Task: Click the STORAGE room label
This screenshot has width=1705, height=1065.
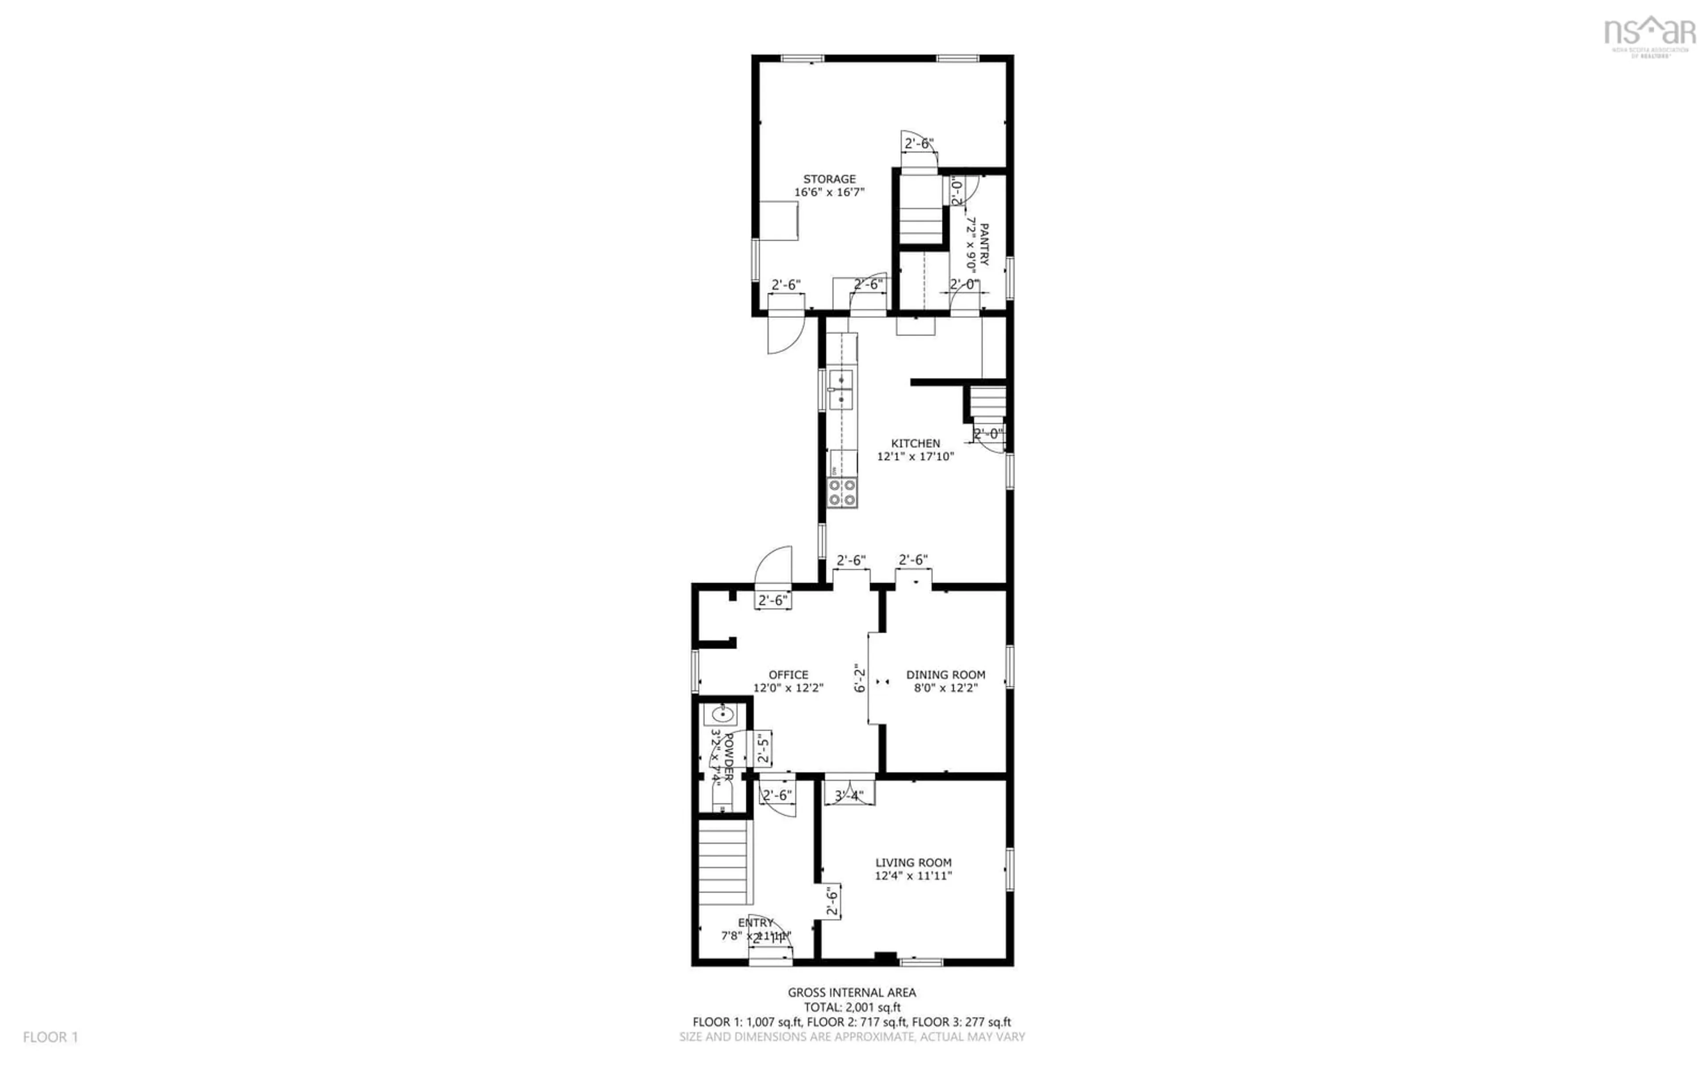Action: pyautogui.click(x=829, y=179)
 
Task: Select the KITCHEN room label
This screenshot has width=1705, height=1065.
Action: pyautogui.click(x=915, y=443)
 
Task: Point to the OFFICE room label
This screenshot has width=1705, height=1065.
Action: pyautogui.click(x=789, y=675)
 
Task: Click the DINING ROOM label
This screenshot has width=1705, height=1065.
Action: pyautogui.click(x=945, y=675)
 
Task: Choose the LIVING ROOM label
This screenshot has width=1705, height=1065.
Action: pyautogui.click(x=913, y=862)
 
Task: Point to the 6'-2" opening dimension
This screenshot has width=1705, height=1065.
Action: pyautogui.click(x=859, y=678)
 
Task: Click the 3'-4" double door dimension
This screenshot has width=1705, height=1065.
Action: pyautogui.click(x=849, y=796)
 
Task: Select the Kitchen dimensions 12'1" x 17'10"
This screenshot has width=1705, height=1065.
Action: pyautogui.click(x=915, y=457)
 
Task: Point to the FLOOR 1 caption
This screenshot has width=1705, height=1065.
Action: pyautogui.click(x=51, y=1037)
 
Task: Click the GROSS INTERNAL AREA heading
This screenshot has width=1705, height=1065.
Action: pyautogui.click(x=852, y=993)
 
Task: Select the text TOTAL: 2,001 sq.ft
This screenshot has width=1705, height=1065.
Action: pyautogui.click(x=852, y=1007)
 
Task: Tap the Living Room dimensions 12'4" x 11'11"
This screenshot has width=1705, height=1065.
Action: pyautogui.click(x=913, y=876)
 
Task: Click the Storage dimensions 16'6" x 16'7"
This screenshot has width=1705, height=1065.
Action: pyautogui.click(x=829, y=192)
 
